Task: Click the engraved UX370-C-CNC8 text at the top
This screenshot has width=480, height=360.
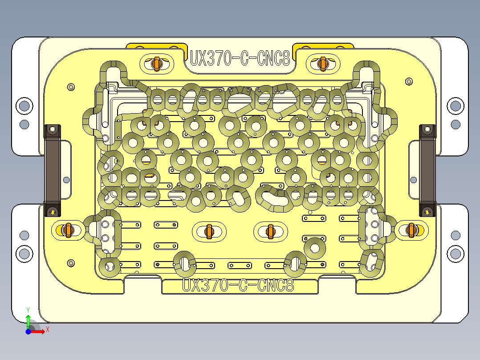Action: (240, 58)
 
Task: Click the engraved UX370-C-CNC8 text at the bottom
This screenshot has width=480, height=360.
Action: (239, 285)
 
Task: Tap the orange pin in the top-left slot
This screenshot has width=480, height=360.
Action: (156, 63)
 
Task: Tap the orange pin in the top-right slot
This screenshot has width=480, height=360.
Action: (323, 63)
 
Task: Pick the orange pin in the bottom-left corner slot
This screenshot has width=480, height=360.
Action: (68, 230)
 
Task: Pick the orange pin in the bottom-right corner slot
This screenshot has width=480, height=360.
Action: (412, 230)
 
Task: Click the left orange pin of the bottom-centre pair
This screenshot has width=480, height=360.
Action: (209, 231)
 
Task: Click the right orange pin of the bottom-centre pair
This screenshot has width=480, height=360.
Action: (270, 231)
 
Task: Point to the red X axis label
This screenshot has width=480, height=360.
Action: (47, 329)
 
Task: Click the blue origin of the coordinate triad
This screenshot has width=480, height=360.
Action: (28, 331)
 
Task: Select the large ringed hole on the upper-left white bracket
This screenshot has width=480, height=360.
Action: (24, 106)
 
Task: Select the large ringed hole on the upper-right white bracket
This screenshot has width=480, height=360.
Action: (455, 106)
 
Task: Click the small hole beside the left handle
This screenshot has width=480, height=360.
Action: (66, 180)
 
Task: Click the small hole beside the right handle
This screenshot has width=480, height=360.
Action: (414, 180)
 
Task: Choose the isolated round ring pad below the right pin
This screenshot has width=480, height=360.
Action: (314, 248)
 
